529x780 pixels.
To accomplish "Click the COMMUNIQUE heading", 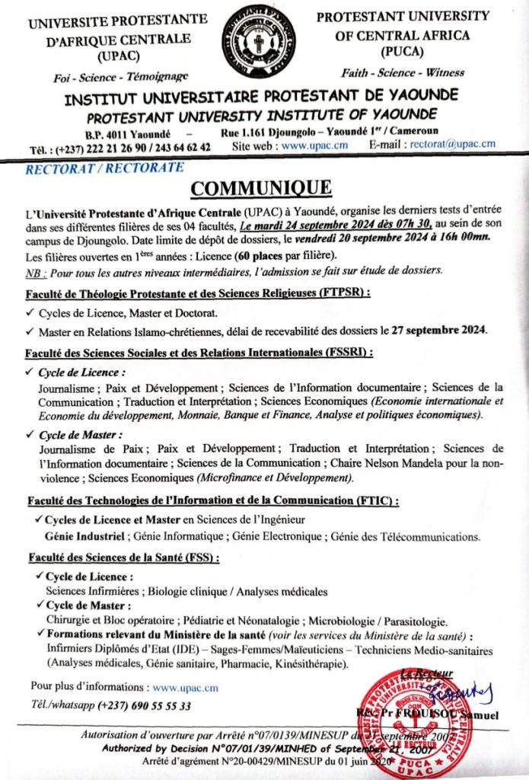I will click(x=260, y=188).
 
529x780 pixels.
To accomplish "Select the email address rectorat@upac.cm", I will click(x=452, y=147).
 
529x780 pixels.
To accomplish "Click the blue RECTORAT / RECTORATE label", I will click(x=104, y=167).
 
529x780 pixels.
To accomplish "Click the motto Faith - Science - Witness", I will click(x=403, y=72).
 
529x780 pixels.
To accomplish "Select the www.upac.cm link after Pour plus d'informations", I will click(x=185, y=687).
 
